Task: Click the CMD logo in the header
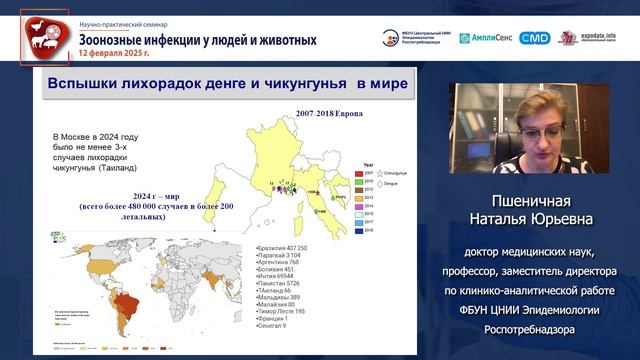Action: click(535, 38)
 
